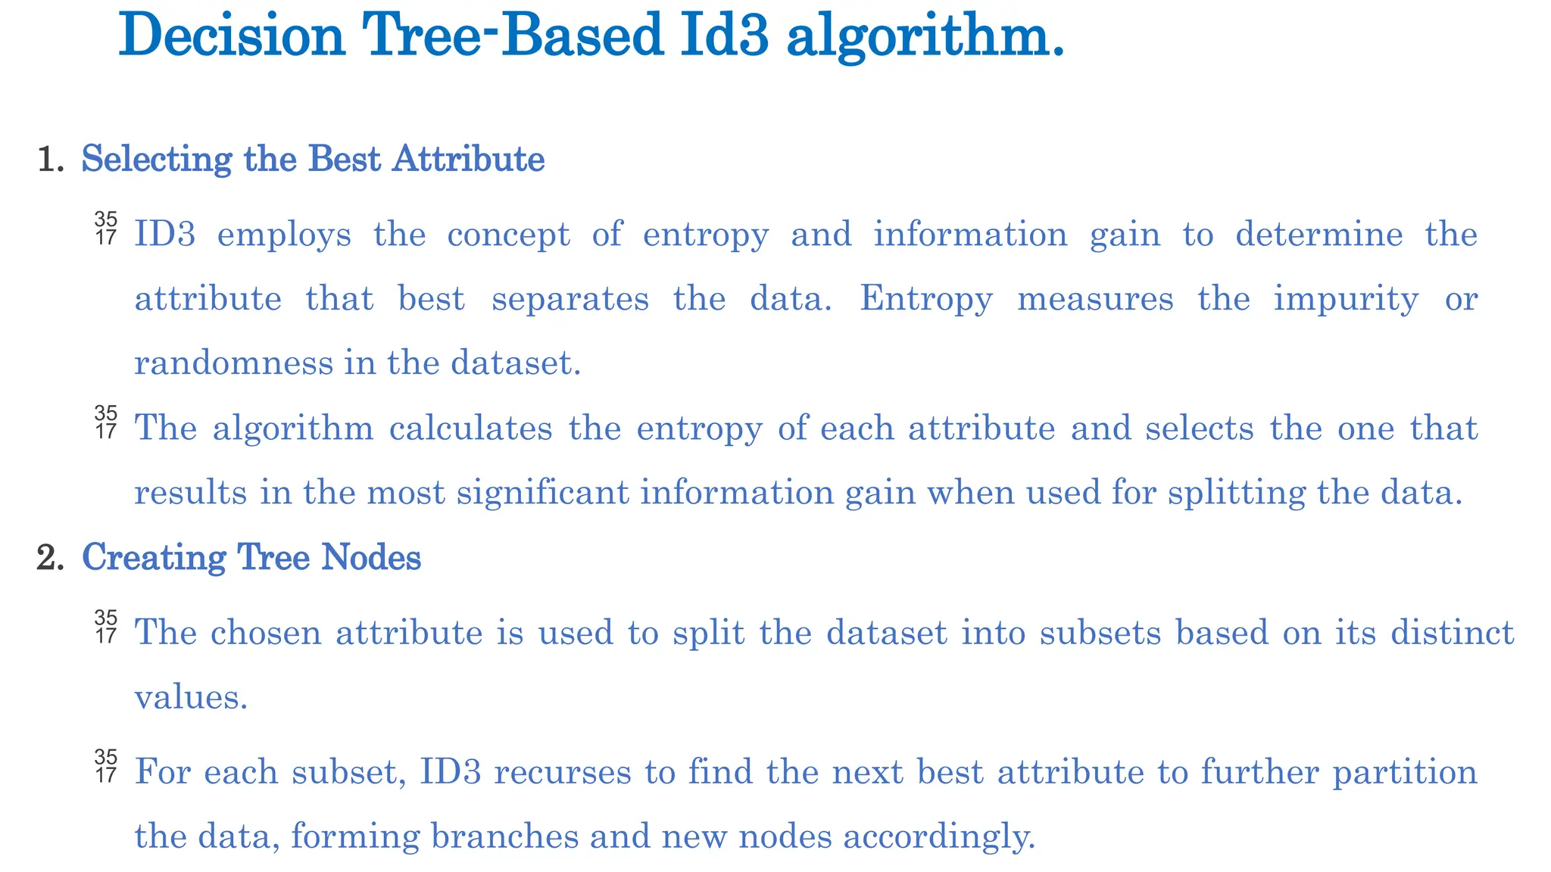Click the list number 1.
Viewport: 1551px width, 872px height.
49,160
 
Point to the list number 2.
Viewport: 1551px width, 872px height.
49,558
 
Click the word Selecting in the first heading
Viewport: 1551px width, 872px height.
156,160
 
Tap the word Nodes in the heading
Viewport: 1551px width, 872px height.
370,558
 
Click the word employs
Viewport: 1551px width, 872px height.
284,235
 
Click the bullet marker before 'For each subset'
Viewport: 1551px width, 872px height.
106,766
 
